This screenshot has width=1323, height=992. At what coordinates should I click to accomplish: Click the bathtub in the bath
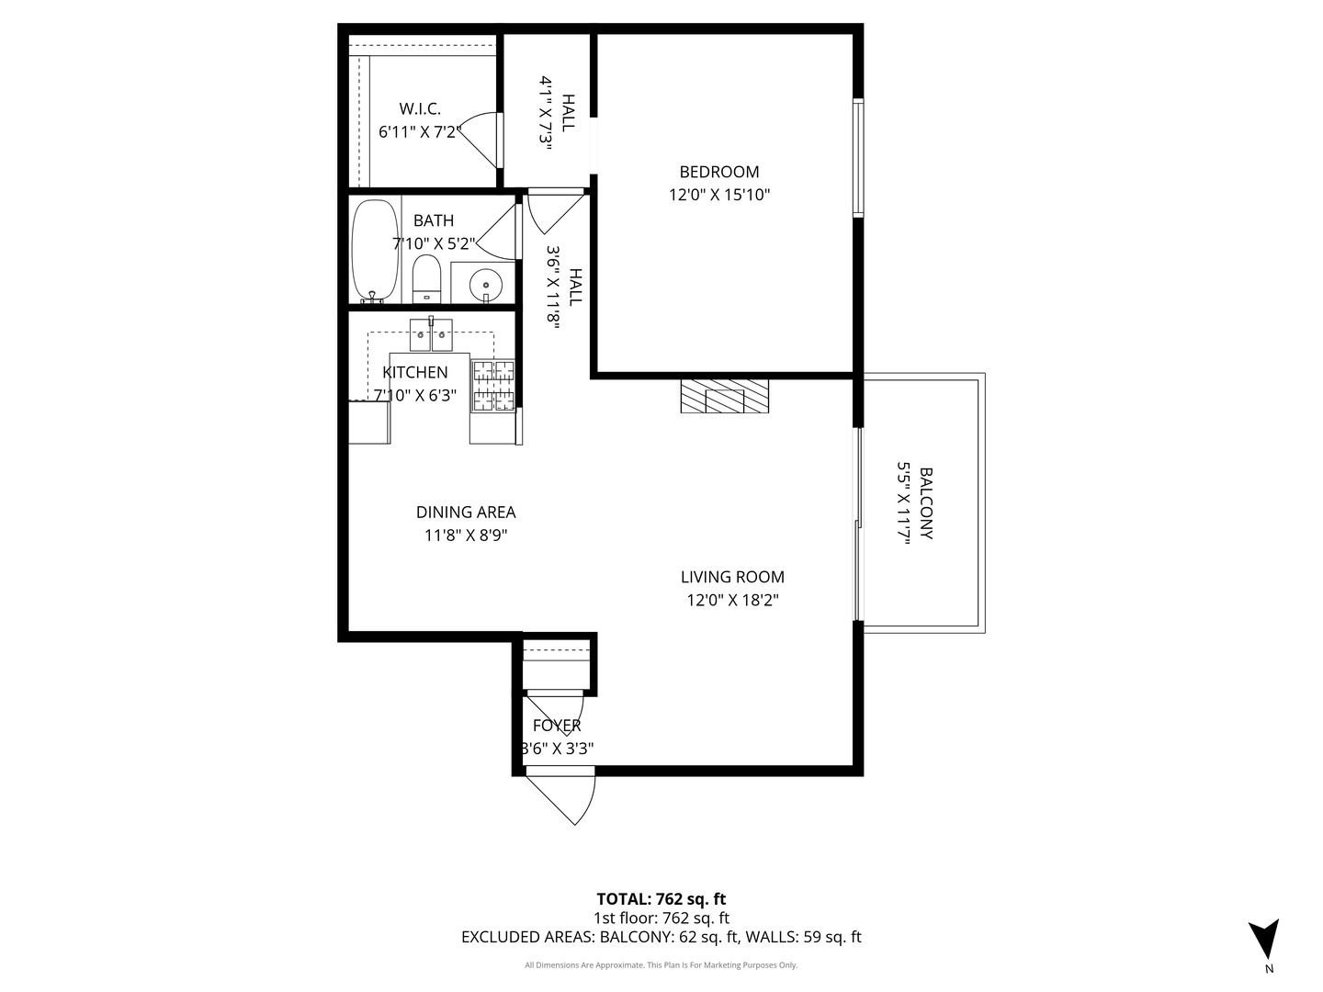pos(375,251)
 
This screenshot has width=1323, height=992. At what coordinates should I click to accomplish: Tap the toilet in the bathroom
pos(426,279)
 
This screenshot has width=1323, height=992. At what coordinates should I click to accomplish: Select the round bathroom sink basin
pos(485,283)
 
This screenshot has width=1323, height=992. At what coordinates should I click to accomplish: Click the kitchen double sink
pos(431,334)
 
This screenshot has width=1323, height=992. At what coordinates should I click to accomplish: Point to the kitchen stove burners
pos(493,386)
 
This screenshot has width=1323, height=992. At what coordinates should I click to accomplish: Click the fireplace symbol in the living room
pos(725,396)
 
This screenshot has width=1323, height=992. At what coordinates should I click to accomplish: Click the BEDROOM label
pos(719,172)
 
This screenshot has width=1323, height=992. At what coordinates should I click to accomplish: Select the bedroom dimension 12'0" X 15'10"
pos(719,195)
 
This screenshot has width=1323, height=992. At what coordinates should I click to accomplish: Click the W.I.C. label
pos(420,109)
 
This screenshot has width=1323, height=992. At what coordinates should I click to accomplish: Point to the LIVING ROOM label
pos(732,577)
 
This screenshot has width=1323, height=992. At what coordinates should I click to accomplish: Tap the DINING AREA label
pos(466,512)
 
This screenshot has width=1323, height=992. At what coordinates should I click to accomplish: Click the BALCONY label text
pos(926,503)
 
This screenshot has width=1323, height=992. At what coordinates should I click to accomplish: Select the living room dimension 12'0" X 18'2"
pos(732,601)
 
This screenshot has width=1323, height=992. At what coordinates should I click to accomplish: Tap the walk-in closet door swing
pos(480,140)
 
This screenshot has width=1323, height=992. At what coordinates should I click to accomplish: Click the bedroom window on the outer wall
pos(858,158)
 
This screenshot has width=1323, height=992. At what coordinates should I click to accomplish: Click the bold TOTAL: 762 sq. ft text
pos(661,899)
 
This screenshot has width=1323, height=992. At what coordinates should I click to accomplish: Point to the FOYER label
pos(557,726)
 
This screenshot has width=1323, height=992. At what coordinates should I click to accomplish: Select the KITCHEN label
pos(414,372)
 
